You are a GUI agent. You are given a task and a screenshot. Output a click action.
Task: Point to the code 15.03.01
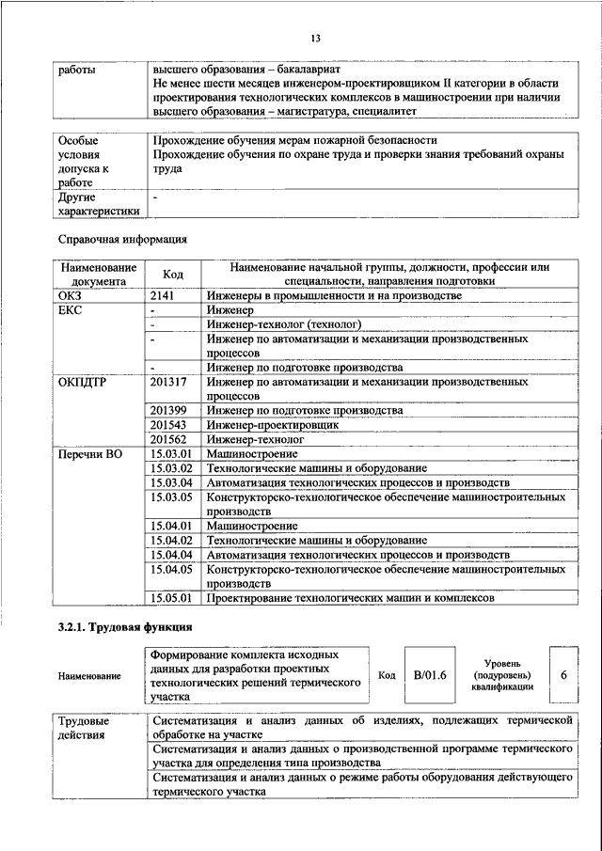170,453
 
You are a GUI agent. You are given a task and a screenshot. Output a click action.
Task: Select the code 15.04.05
170,569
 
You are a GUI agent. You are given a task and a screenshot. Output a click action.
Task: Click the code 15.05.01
170,597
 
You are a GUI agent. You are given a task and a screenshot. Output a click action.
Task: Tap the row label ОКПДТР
84,383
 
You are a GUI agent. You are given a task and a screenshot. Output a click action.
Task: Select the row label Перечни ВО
90,453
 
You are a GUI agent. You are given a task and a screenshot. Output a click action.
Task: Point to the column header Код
173,274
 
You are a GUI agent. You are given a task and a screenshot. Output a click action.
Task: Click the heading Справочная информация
122,240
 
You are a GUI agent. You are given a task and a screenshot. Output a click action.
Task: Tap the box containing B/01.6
429,674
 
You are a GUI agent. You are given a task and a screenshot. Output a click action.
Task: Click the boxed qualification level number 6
562,674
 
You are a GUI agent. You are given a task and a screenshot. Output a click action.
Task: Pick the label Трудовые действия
84,727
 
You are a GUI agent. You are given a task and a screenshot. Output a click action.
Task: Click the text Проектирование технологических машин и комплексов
364,597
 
